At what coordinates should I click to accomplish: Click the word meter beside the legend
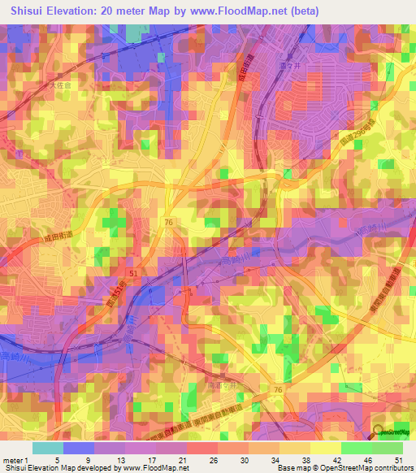pyautogui.click(x=12, y=461)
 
